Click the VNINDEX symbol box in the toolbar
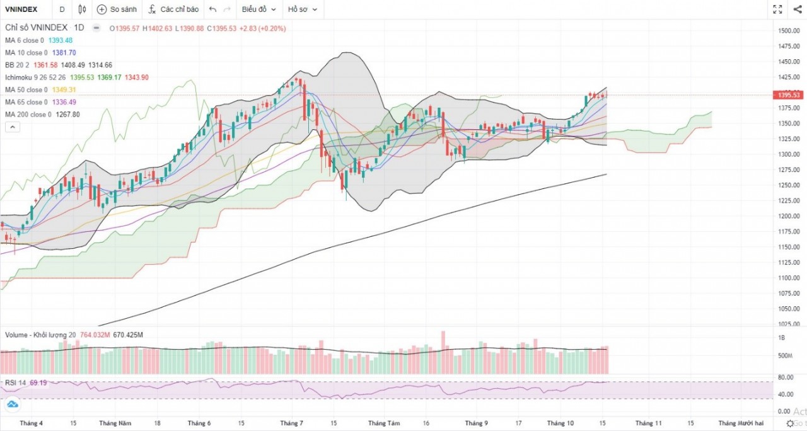tap(21, 9)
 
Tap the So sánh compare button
tap(117, 9)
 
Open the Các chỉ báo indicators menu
tap(173, 9)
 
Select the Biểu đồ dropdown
tap(258, 9)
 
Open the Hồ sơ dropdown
tap(302, 9)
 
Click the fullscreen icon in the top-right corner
tap(777, 9)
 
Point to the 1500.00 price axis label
tap(789, 31)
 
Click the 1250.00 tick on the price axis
tap(789, 185)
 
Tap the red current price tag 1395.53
tap(789, 95)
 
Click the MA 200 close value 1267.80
tap(67, 114)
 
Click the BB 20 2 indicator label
tap(17, 65)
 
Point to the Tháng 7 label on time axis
tap(291, 423)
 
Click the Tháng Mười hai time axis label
tap(741, 423)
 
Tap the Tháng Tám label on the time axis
tap(384, 423)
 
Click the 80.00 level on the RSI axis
tap(785, 377)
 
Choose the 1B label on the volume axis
tap(782, 338)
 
